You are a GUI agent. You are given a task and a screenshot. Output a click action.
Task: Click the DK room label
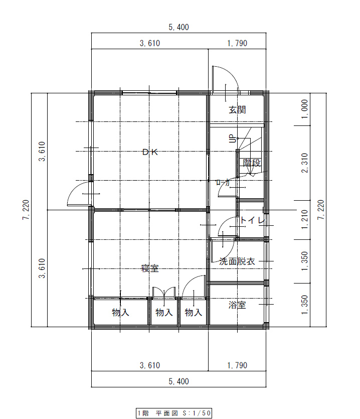tap(150, 152)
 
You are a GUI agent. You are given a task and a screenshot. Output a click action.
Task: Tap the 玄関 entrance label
tap(237, 110)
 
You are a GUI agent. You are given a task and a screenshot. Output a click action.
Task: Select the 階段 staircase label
tap(252, 163)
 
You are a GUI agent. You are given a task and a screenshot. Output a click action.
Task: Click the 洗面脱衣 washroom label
tap(237, 261)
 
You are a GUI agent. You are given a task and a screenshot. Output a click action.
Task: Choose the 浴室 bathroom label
tap(237, 305)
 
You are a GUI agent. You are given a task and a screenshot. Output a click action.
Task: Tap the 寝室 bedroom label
tap(150, 268)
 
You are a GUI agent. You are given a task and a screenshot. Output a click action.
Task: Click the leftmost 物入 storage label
tap(120, 313)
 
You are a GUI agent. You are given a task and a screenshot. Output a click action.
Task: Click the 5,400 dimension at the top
tap(179, 27)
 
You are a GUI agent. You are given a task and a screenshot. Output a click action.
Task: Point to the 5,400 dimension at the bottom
tap(179, 381)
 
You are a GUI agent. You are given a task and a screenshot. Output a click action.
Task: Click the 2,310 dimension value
tap(306, 163)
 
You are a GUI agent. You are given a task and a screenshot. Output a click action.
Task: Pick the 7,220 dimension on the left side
tap(26, 210)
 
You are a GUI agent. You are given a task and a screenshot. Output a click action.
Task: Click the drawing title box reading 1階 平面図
tap(174, 413)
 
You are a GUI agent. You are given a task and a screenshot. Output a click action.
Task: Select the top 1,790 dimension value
tap(237, 43)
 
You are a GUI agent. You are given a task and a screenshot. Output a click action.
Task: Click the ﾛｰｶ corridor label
tap(223, 182)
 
